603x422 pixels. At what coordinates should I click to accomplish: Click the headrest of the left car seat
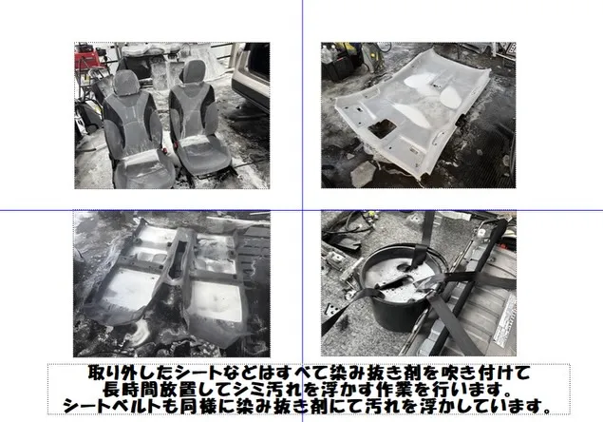coord(126,83)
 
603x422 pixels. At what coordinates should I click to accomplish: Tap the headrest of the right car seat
coord(195,71)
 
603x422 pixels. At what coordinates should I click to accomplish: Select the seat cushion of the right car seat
coord(203,153)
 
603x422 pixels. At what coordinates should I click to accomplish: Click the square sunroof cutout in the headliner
coord(382,129)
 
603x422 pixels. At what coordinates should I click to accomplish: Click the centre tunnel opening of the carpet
coord(177,261)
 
